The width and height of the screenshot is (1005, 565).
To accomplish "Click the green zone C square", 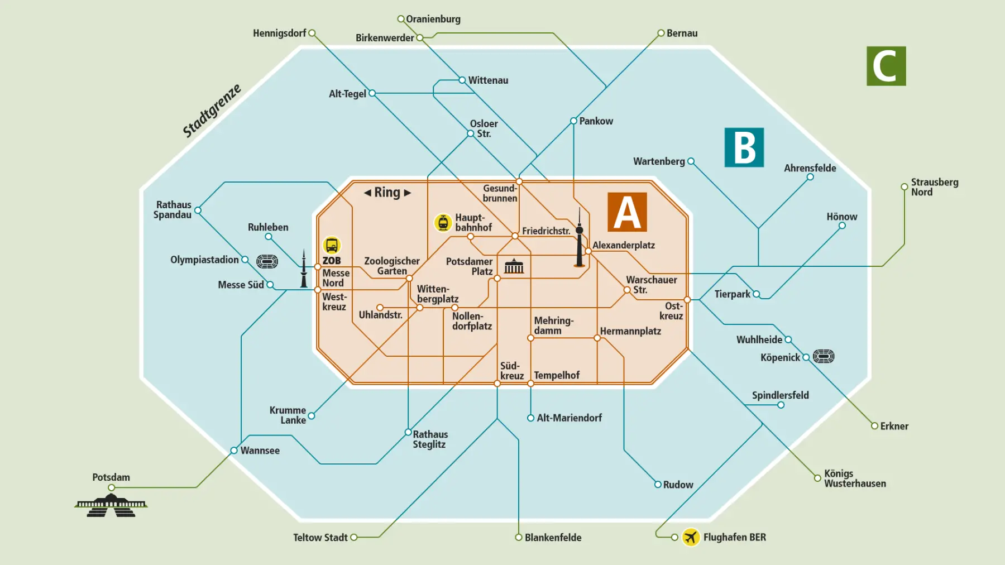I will tap(886, 66).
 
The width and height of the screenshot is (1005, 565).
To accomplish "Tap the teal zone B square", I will tap(744, 147).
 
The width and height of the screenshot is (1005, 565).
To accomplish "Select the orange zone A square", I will tap(627, 212).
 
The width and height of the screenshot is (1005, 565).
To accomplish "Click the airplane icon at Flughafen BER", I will tap(691, 537).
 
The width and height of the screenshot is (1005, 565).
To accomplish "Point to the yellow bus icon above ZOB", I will tap(332, 245).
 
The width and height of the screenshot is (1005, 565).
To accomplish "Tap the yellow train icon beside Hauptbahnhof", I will tap(443, 222).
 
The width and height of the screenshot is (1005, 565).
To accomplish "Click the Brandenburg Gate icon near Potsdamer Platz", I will tap(514, 266).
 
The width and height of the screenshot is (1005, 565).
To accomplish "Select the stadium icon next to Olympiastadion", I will tap(267, 261).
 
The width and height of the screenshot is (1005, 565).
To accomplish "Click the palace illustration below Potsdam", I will tap(111, 505).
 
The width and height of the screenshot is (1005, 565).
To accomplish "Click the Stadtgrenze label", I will tap(212, 111).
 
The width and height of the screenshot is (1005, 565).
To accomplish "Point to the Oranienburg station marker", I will tap(401, 19).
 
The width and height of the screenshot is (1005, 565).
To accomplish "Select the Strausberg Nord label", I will tap(934, 187).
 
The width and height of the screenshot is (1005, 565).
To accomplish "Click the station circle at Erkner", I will tap(874, 426).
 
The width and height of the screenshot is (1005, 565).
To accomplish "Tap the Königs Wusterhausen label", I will tap(854, 478).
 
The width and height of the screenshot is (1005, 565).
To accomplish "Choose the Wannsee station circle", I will tap(234, 451).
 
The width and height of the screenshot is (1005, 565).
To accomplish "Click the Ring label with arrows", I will tap(387, 193).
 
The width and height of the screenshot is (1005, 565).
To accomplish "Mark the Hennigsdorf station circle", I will tap(312, 33).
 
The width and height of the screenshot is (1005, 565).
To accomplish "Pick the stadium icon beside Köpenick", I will tap(824, 356).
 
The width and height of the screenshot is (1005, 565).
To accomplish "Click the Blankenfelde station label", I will tap(553, 538).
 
